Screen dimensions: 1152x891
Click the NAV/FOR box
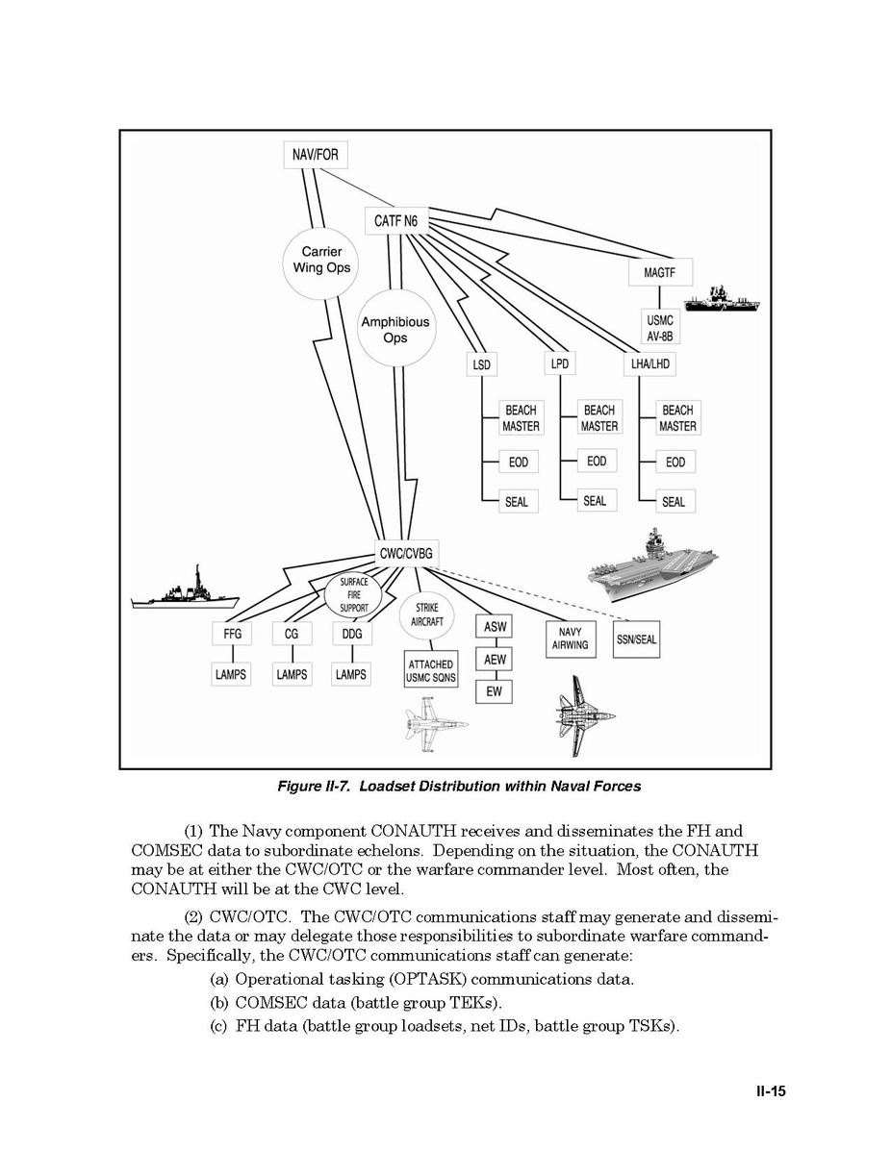(x=316, y=154)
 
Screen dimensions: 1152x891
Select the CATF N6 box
(x=396, y=221)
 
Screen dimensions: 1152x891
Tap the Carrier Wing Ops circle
(x=321, y=260)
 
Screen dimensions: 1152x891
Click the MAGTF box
(x=659, y=273)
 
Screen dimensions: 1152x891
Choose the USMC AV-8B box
(x=659, y=328)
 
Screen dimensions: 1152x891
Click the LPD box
(x=558, y=364)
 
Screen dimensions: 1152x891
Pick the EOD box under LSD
(x=518, y=463)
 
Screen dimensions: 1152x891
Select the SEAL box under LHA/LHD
(x=675, y=501)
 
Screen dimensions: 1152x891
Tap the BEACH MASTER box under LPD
(x=598, y=418)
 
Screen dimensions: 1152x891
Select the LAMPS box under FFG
(x=231, y=674)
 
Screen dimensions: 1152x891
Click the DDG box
(x=351, y=635)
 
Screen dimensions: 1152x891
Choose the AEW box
(x=495, y=660)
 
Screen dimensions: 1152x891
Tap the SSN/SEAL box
(x=636, y=639)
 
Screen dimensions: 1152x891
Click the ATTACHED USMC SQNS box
(x=430, y=671)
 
